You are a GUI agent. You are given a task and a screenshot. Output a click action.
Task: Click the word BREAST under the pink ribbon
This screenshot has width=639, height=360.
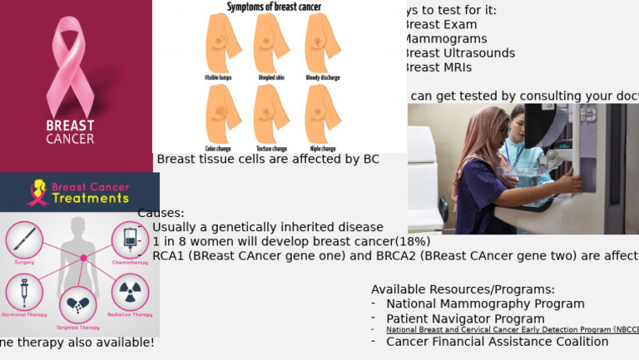[x=70, y=126]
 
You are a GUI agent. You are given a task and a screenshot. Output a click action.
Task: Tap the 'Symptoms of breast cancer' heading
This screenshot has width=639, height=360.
[x=274, y=7]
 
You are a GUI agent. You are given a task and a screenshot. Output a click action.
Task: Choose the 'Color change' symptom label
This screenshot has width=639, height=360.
[x=218, y=149]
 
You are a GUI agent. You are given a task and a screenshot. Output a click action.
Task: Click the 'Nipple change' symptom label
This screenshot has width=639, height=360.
[x=323, y=149]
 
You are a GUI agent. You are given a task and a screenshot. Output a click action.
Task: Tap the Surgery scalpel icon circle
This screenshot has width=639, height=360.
[x=24, y=240]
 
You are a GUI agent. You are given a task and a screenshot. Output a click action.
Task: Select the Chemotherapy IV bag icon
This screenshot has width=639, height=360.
[x=130, y=240]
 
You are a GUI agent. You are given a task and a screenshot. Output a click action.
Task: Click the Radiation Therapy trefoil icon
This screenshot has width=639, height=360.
[x=131, y=292]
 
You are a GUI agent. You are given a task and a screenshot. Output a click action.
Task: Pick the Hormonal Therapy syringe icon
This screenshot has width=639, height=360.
[x=24, y=293]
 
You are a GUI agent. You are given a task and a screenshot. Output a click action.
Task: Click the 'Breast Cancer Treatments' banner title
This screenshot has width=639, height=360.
[x=90, y=193]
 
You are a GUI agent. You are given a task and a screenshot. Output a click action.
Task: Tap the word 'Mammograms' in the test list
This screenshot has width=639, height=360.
[x=445, y=39]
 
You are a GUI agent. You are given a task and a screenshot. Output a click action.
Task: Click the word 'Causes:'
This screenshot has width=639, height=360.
[x=161, y=213]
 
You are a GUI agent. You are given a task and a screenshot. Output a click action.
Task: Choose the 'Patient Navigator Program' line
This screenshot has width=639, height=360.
[x=465, y=318]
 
